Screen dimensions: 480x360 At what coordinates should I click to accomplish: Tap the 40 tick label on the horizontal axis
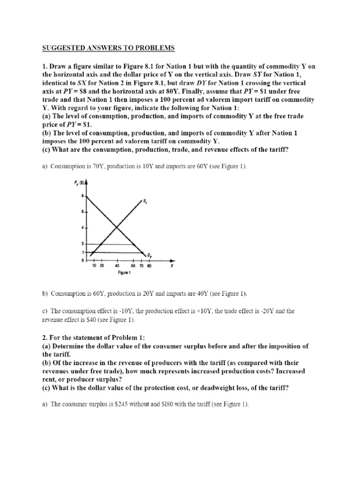[x=116, y=266]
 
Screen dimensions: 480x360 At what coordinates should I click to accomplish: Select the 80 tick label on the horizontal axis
[x=150, y=266]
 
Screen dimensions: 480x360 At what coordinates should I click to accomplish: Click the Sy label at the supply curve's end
[x=144, y=202]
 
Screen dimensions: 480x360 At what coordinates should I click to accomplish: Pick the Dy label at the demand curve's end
[x=149, y=255]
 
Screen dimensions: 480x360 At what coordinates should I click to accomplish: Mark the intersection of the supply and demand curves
[x=116, y=228]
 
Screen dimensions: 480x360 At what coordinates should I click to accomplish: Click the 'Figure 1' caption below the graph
[x=124, y=273]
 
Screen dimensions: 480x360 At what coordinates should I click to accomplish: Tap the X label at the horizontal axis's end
[x=172, y=266]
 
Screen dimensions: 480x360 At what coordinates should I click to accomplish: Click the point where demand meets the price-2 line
[x=135, y=244]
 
